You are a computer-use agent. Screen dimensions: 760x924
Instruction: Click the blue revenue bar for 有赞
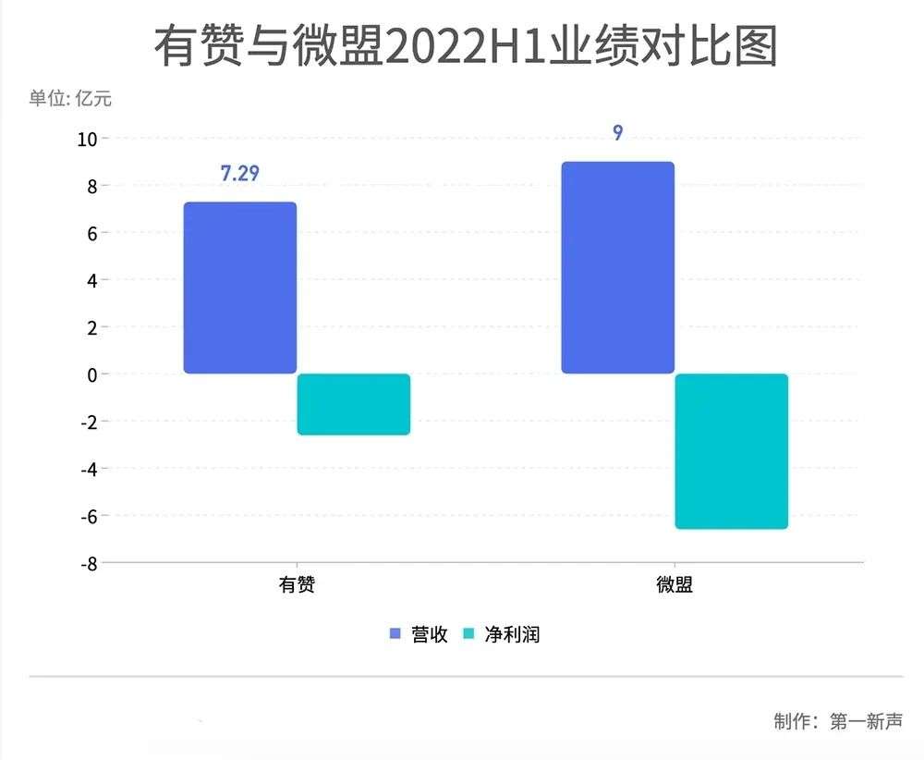(x=240, y=288)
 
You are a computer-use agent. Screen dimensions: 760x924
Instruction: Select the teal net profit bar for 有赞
(x=354, y=404)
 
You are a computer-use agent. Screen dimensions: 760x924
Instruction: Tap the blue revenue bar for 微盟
(x=618, y=267)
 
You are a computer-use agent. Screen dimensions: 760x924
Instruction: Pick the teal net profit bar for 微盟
(x=732, y=451)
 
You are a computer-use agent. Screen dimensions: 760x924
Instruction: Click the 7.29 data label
(x=239, y=173)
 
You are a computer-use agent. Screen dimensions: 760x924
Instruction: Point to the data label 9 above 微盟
(x=617, y=133)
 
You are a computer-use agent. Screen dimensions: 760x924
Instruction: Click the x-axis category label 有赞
(x=297, y=585)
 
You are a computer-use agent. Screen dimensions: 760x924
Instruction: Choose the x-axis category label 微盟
(x=675, y=585)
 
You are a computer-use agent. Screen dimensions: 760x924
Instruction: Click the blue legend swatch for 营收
(x=395, y=634)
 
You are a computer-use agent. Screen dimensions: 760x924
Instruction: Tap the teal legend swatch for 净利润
(x=468, y=634)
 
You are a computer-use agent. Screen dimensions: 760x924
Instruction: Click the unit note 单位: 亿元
(x=70, y=98)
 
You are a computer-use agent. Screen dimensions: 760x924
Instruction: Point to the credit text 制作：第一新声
(x=837, y=721)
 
